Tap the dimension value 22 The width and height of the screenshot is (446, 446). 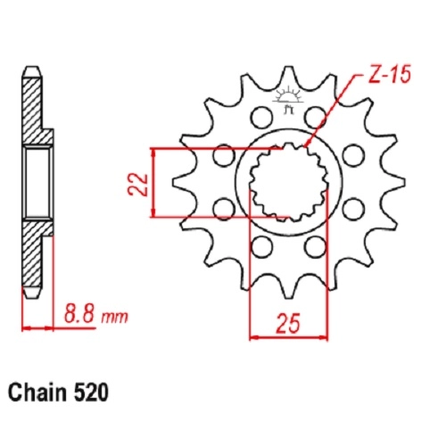click(138, 185)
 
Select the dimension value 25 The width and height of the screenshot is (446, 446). click(288, 323)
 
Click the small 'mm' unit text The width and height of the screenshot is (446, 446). click(114, 317)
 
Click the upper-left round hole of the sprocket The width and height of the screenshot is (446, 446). click(261, 118)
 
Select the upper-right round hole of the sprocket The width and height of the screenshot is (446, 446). click(316, 118)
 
